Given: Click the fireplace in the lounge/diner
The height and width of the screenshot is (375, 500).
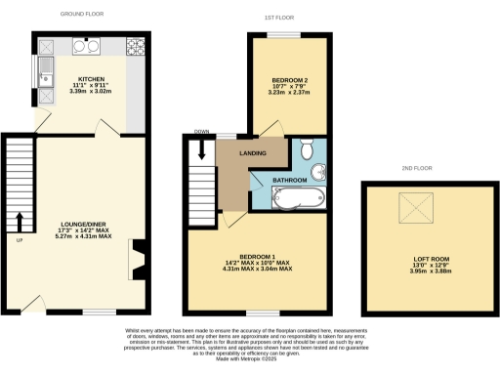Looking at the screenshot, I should pos(138,259).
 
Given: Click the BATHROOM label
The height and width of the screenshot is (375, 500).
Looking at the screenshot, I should pos(291,181).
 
